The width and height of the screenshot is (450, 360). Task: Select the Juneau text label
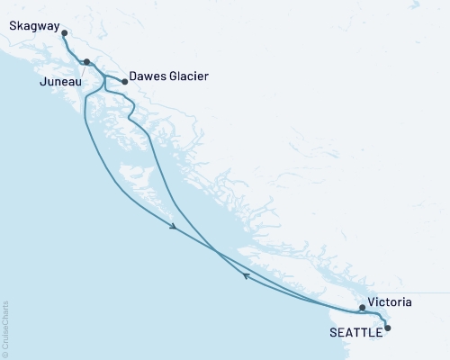tap(60, 82)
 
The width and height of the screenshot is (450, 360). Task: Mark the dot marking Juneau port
tap(86, 62)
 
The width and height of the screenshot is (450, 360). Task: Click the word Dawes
tap(148, 77)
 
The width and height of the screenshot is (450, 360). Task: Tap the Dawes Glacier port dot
tap(124, 82)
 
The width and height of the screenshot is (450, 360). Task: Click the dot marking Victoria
tap(362, 308)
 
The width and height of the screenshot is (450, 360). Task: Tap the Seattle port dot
tap(388, 328)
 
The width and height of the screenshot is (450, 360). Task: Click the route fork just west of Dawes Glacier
tap(105, 78)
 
